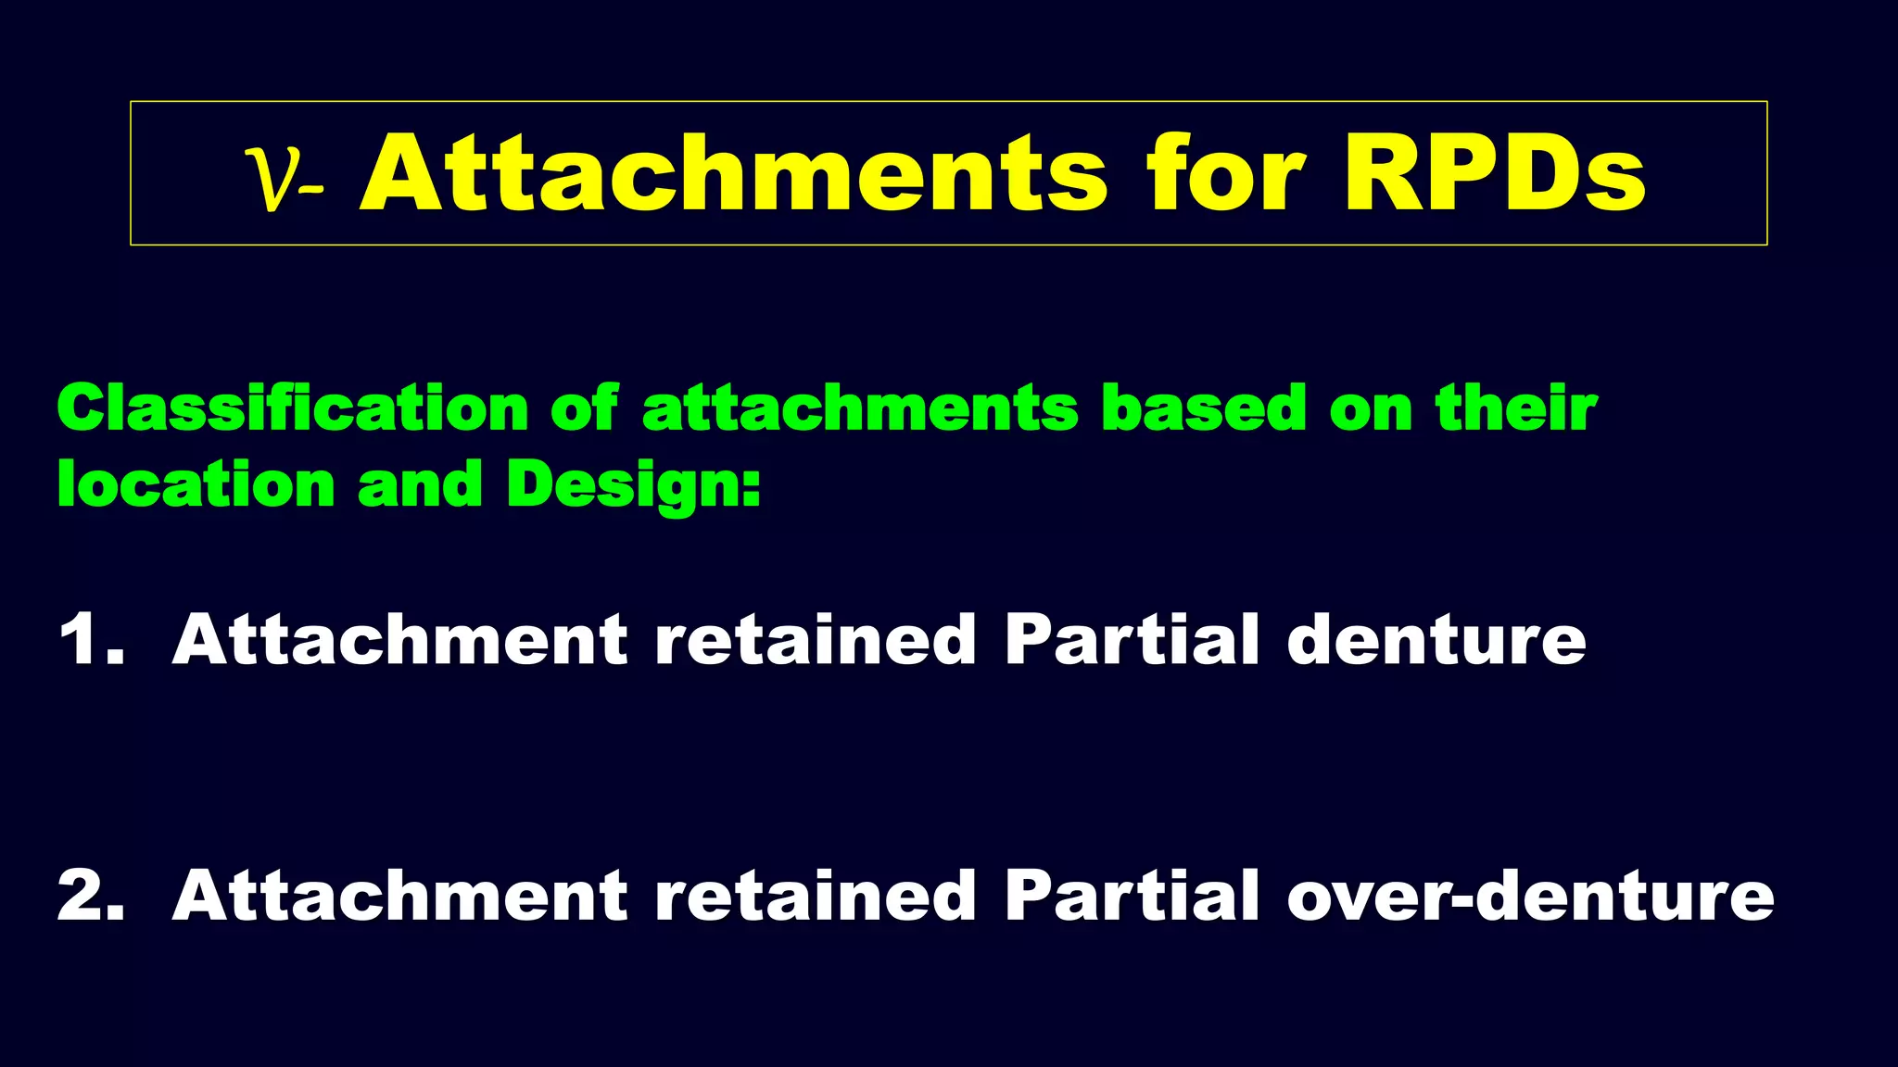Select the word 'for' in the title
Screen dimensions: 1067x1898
1225,174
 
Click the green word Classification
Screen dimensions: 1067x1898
292,408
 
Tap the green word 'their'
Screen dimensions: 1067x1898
1516,408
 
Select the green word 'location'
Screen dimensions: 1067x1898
196,484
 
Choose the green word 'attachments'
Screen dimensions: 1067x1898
860,410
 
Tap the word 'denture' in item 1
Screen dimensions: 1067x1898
1436,640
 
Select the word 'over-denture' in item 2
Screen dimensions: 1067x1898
1530,896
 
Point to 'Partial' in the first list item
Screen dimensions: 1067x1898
1132,640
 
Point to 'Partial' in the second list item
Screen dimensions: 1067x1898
1132,896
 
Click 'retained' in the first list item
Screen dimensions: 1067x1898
815,640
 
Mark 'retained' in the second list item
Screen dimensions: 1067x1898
815,896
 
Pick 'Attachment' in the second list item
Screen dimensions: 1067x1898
399,896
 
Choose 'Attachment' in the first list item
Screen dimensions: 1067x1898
399,640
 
